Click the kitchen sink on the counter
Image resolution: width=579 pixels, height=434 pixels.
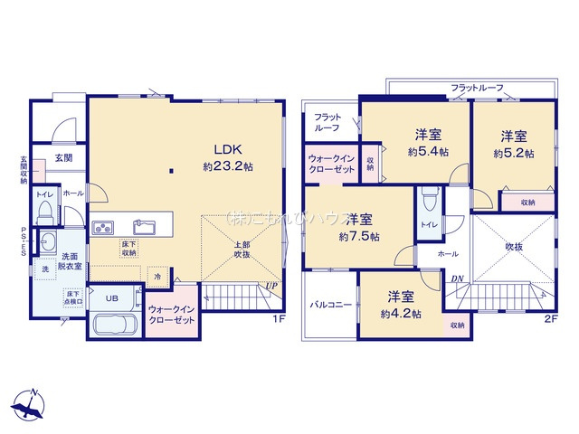146,225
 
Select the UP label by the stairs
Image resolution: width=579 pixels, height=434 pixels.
271,286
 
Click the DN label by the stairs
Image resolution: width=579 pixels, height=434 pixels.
459,279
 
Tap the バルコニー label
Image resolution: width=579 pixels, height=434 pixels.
333,306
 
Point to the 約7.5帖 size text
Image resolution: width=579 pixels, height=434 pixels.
359,236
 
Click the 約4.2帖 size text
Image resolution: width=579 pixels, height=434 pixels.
401,314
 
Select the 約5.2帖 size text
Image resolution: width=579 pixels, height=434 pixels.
514,154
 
